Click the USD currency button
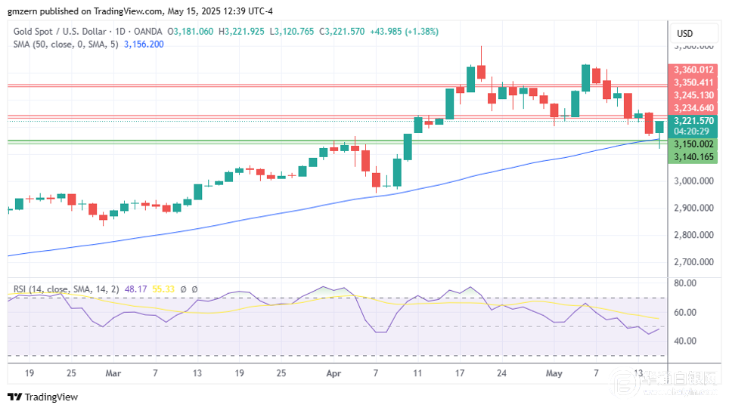click(684, 33)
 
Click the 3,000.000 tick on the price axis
click(693, 181)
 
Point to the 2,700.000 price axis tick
click(693, 262)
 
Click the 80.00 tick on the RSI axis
click(685, 283)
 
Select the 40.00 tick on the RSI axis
click(685, 341)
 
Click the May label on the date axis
click(554, 373)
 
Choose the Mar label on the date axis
click(113, 373)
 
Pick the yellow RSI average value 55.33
click(163, 289)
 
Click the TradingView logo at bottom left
click(43, 397)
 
